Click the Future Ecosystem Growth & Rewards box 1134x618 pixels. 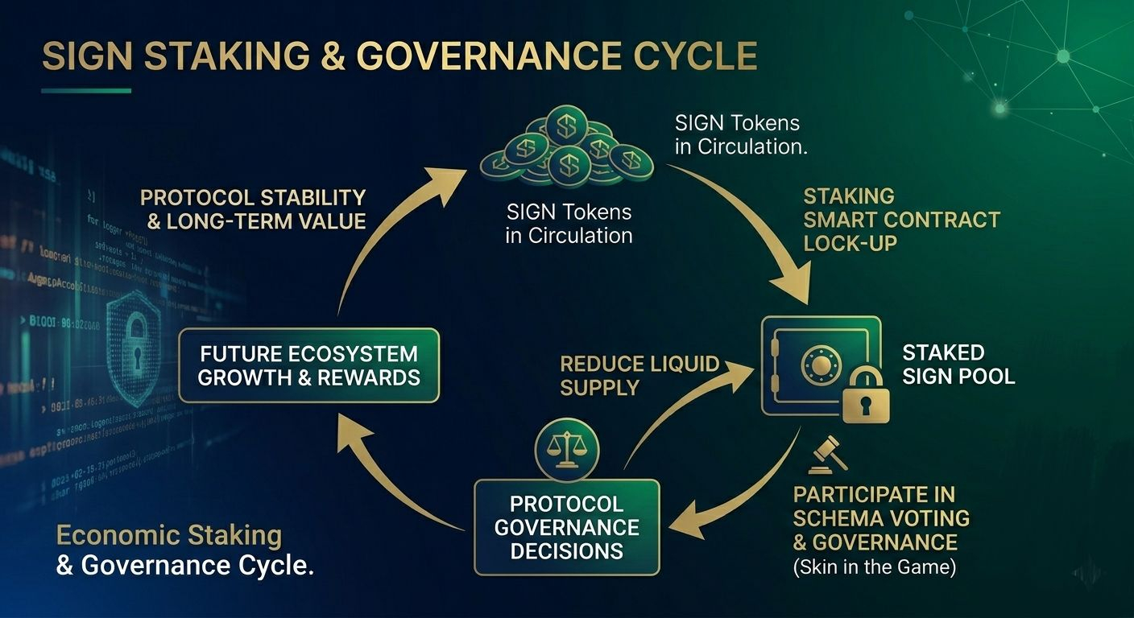pyautogui.click(x=308, y=365)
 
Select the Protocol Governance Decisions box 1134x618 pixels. pyautogui.click(x=566, y=527)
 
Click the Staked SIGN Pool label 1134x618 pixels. pyautogui.click(x=958, y=364)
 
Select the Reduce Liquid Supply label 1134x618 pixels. pyautogui.click(x=639, y=376)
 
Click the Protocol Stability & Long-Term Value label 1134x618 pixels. pyautogui.click(x=254, y=209)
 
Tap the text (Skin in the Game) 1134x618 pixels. pyautogui.click(x=874, y=567)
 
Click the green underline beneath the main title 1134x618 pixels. pyautogui.click(x=86, y=91)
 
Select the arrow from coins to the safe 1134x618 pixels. pyautogui.click(x=757, y=233)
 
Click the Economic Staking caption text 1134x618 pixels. pyautogui.click(x=169, y=535)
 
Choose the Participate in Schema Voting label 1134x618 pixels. pyautogui.click(x=880, y=517)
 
